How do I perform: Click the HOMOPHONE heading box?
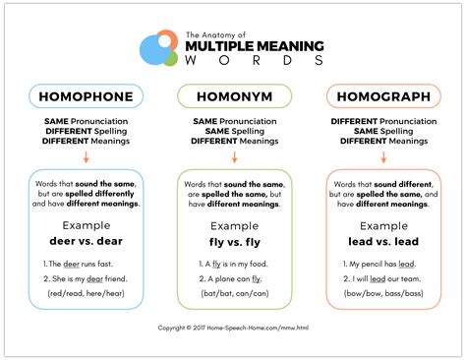pos(85,95)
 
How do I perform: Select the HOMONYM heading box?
pos(233,95)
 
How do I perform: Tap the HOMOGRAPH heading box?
pos(381,95)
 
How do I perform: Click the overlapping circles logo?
pos(157,48)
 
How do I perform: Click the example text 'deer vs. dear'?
pos(85,239)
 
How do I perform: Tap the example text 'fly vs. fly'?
pos(233,239)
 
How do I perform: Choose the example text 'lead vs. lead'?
pos(381,239)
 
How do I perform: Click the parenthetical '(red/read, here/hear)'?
pos(85,294)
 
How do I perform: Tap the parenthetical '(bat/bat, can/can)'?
pos(233,294)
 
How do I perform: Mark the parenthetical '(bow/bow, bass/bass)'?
pos(381,294)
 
